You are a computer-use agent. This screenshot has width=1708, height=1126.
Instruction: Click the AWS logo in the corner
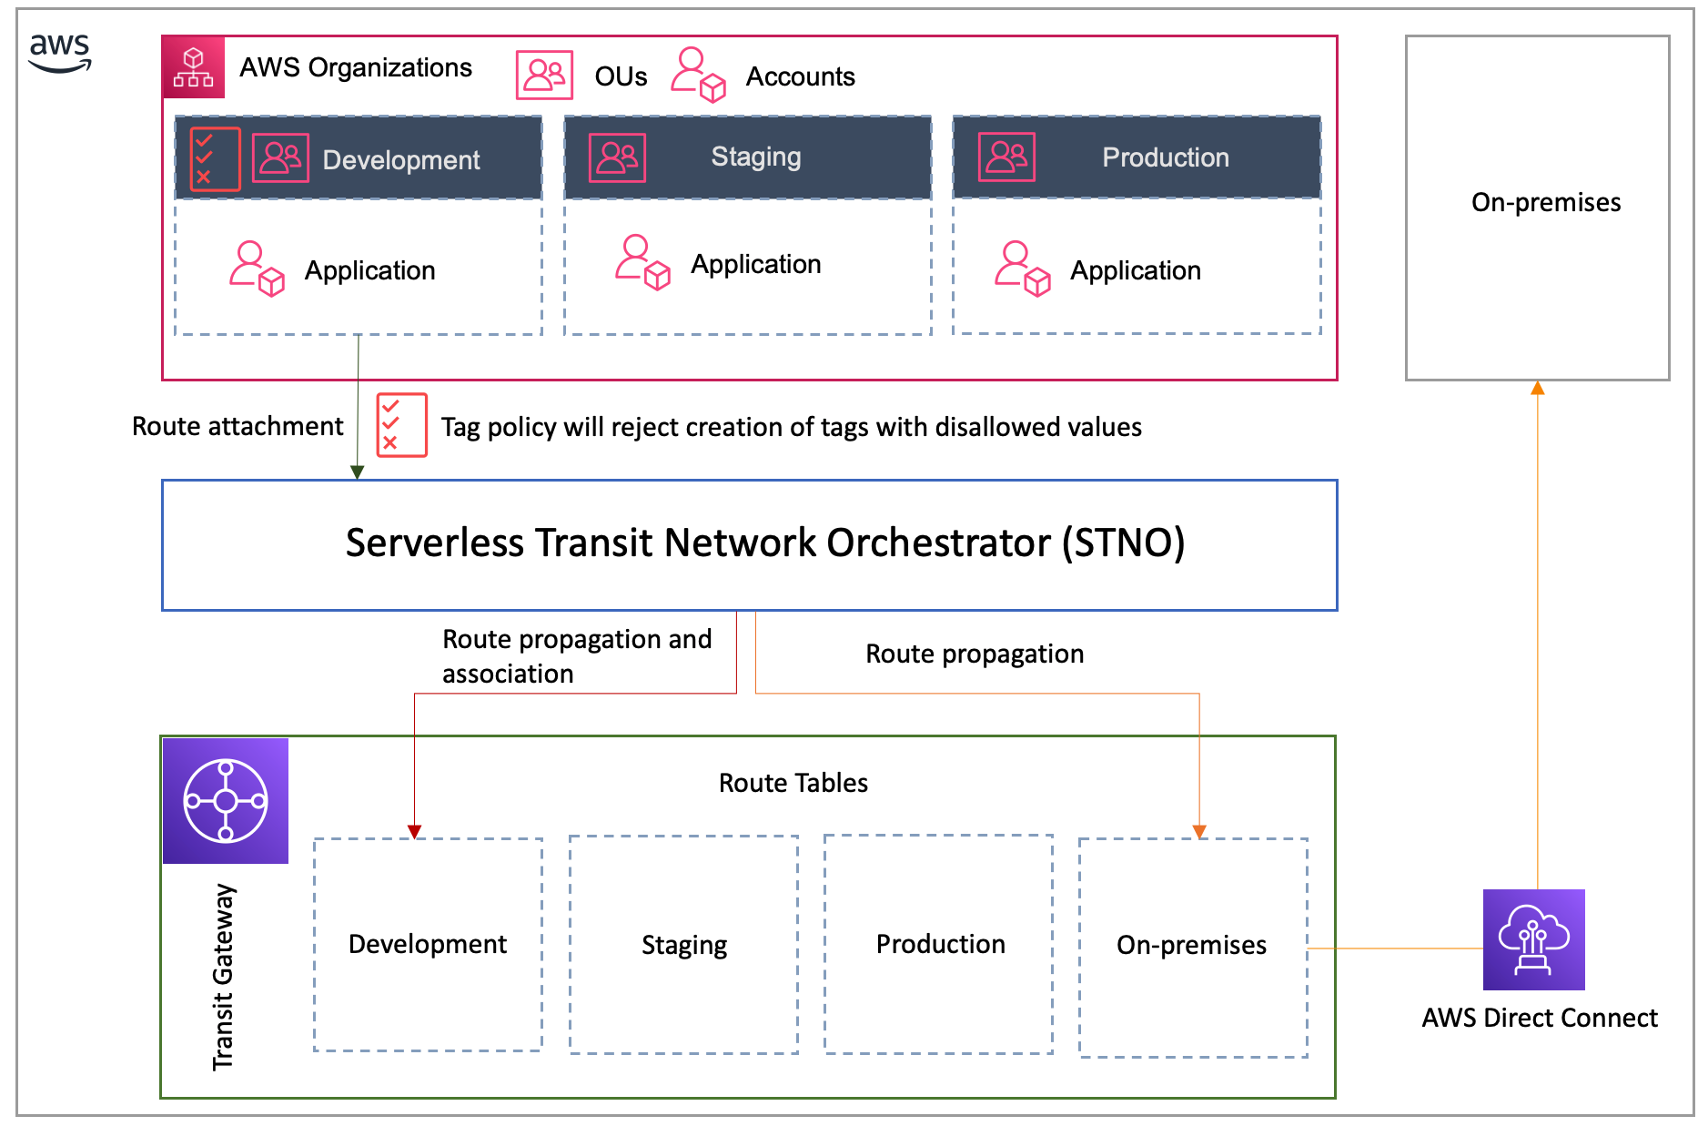pyautogui.click(x=60, y=53)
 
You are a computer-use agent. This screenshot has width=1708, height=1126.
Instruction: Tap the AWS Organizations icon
pyautogui.click(x=193, y=67)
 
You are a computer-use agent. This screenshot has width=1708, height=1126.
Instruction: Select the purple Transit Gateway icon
pyautogui.click(x=226, y=801)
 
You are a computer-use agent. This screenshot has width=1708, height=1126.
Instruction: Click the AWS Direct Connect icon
pyautogui.click(x=1533, y=939)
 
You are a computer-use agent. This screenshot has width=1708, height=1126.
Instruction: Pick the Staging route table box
pyautogui.click(x=683, y=945)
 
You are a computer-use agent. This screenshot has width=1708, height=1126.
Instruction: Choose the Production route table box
pyautogui.click(x=938, y=945)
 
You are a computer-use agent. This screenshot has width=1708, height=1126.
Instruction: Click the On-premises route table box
pyautogui.click(x=1192, y=947)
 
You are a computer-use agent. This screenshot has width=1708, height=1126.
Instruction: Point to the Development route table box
pyautogui.click(x=428, y=945)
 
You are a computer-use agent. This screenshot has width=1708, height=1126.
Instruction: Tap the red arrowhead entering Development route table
pyautogui.click(x=414, y=831)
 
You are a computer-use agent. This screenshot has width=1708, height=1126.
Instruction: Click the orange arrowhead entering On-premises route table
pyautogui.click(x=1199, y=831)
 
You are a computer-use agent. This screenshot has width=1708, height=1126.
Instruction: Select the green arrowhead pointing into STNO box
pyautogui.click(x=358, y=472)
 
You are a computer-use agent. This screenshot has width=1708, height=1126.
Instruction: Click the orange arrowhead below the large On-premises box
pyautogui.click(x=1537, y=389)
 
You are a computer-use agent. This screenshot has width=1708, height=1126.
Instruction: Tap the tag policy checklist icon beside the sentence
pyautogui.click(x=401, y=425)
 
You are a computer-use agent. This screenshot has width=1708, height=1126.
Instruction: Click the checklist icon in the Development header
pyautogui.click(x=215, y=159)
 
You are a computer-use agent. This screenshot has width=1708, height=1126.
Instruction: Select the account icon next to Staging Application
pyautogui.click(x=642, y=263)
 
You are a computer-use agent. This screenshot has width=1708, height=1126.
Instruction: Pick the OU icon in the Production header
pyautogui.click(x=1006, y=157)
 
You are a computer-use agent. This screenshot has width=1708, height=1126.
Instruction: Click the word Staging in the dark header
pyautogui.click(x=755, y=157)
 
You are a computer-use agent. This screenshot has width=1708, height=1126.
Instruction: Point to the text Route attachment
pyautogui.click(x=238, y=426)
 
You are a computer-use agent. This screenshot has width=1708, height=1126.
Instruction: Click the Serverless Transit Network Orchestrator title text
pyautogui.click(x=764, y=543)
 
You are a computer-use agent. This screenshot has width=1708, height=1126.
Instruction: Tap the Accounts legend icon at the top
pyautogui.click(x=698, y=75)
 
